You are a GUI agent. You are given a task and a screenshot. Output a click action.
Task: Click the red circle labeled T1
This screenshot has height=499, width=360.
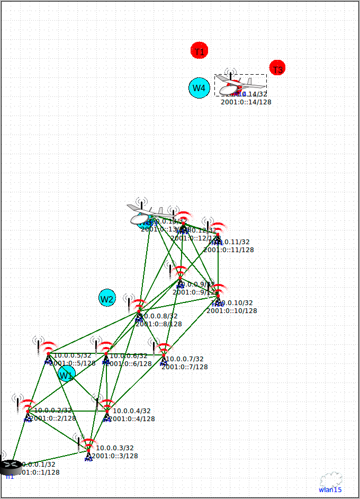[x=199, y=51]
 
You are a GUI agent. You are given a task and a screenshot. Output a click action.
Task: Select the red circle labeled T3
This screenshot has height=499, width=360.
[x=277, y=68]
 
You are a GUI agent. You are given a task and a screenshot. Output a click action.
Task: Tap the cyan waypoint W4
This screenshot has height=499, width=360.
[x=199, y=88]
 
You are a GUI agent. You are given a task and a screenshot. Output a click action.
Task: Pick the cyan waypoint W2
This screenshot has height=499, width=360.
[x=107, y=298]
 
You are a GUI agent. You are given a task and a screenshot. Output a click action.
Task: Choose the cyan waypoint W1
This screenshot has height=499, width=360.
[x=66, y=374]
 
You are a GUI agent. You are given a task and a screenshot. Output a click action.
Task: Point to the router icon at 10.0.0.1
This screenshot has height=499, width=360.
[x=10, y=467]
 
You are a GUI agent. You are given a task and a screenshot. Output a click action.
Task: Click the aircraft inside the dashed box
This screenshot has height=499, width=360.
[x=240, y=85]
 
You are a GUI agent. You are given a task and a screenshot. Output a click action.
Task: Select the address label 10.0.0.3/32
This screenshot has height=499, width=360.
[x=115, y=448]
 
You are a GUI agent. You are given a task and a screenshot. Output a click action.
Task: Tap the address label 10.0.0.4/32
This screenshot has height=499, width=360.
[x=132, y=411]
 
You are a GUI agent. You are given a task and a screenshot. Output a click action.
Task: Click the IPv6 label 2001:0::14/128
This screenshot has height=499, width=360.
[x=246, y=102]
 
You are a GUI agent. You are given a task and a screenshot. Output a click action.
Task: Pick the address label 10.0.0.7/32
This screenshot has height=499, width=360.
[x=185, y=359]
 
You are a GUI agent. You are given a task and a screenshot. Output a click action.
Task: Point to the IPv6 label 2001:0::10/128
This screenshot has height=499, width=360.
[x=231, y=311]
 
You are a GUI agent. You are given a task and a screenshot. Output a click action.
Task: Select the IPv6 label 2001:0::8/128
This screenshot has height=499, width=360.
[x=158, y=324]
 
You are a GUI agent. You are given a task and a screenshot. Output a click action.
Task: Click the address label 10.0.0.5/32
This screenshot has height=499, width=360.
[x=73, y=355]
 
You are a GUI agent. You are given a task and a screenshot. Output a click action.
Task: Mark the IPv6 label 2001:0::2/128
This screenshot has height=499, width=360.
[x=53, y=418]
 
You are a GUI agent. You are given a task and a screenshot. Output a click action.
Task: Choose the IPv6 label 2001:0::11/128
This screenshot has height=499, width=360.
[x=228, y=249]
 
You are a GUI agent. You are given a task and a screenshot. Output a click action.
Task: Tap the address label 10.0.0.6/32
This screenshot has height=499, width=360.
[x=129, y=356]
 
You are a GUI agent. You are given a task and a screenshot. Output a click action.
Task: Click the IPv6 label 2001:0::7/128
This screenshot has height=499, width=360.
[x=184, y=367]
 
